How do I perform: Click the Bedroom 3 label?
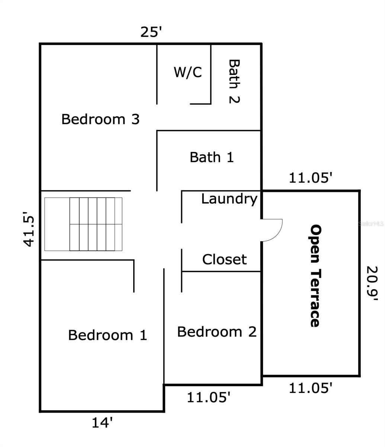(x=100, y=119)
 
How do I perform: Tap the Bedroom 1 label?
(x=108, y=335)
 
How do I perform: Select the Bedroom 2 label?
(x=217, y=332)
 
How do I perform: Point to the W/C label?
(x=188, y=72)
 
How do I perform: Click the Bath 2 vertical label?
(x=234, y=81)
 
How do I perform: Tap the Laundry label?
(x=229, y=199)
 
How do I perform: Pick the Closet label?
(x=224, y=259)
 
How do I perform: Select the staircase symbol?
(x=83, y=224)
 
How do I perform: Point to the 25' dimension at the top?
(x=151, y=32)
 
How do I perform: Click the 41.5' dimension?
(x=29, y=229)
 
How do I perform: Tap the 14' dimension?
(x=102, y=422)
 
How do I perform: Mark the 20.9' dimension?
(x=372, y=283)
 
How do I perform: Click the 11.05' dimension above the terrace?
(x=310, y=178)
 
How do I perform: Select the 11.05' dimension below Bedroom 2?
(x=208, y=397)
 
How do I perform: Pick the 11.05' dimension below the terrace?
(x=310, y=388)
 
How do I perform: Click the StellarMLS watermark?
(x=371, y=223)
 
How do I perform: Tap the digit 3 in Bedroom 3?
(x=135, y=119)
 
